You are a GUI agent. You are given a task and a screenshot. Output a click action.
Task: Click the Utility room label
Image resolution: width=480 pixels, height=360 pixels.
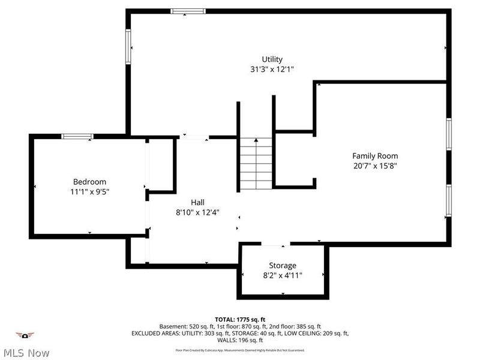272,59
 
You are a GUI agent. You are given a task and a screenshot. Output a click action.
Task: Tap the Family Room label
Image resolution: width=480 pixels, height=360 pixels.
375,156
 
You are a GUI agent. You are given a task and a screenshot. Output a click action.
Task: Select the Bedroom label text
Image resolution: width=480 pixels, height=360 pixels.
89,182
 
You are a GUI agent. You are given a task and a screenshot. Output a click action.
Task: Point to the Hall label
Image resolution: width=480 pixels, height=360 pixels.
197,202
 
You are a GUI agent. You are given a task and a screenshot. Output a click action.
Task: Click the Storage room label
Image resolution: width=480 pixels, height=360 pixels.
282,265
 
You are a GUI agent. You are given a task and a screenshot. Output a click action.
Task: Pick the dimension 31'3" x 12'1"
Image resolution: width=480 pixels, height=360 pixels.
272,69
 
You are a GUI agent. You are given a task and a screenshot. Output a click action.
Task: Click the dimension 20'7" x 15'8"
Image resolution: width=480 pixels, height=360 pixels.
375,166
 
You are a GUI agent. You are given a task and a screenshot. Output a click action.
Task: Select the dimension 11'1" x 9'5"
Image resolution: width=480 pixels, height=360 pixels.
89,191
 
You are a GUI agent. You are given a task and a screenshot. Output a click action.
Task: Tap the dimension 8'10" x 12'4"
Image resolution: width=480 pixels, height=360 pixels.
197,212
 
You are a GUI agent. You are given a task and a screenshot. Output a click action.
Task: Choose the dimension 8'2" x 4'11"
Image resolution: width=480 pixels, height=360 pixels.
282,275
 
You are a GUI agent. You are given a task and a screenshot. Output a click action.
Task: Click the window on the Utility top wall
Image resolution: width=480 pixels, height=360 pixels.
188,11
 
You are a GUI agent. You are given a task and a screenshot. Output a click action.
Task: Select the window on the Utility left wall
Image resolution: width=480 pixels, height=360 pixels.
128,46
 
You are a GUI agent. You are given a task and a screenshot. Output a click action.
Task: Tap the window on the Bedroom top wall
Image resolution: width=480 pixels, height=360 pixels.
78,136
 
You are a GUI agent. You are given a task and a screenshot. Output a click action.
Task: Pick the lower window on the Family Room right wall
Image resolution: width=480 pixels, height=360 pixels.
448,200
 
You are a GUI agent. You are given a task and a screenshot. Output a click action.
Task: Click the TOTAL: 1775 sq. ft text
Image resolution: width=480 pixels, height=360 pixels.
240,319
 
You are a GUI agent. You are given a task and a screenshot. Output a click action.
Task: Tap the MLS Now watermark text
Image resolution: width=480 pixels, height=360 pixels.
25,353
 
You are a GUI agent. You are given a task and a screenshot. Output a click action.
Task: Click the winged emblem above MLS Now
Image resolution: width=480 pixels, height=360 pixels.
25,335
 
